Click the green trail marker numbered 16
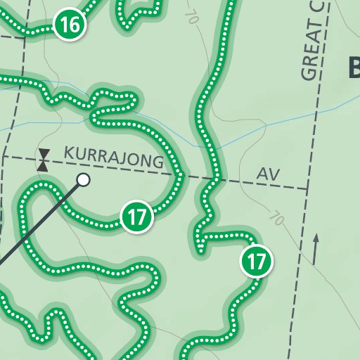click(70, 26)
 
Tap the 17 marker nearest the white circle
click(137, 216)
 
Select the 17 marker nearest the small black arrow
click(257, 262)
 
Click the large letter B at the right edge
click(354, 68)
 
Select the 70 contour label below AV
click(276, 219)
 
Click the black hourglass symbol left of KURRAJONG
click(44, 160)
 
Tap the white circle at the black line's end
click(84, 180)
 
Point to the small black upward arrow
click(316, 248)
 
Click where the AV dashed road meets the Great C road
click(307, 188)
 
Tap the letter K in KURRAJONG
click(68, 153)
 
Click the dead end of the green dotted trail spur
click(201, 247)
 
